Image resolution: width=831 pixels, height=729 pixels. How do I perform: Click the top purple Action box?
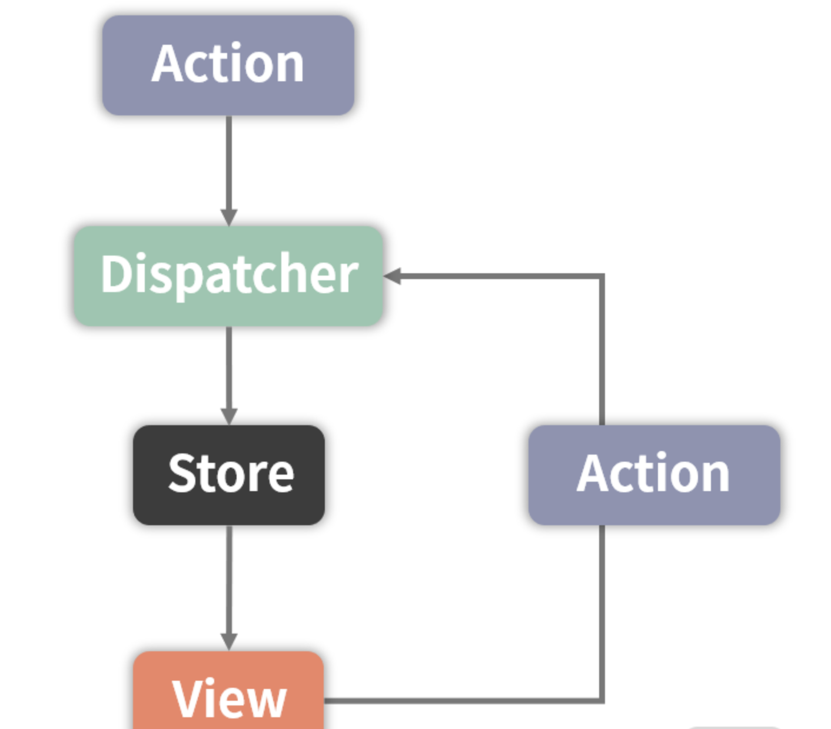[228, 65]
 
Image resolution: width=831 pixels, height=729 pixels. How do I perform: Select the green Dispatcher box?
[228, 276]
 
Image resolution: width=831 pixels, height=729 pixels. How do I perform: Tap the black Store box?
[229, 475]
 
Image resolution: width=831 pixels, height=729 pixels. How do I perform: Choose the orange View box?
[229, 695]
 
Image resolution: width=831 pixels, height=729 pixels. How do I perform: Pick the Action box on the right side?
[654, 475]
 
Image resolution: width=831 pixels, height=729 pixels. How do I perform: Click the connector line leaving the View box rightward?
[459, 701]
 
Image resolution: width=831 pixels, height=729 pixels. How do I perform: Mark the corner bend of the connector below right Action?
[602, 700]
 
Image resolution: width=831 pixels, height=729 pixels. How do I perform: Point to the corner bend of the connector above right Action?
[602, 276]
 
